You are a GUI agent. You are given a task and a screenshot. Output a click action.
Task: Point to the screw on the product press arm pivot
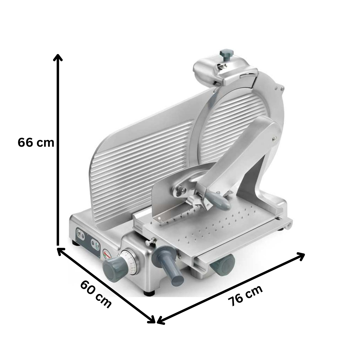pyautogui.click(x=274, y=138)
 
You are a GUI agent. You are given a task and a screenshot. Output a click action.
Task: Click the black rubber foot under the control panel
pyautogui.click(x=76, y=242)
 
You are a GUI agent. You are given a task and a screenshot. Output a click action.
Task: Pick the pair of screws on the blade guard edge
pyautogui.click(x=279, y=88)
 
